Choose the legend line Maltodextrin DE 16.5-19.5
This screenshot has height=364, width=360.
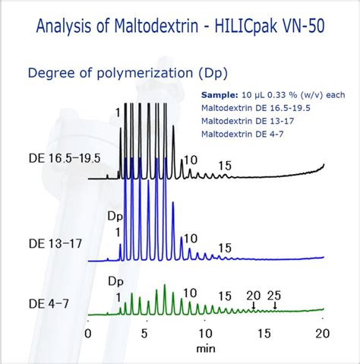[x=255, y=108]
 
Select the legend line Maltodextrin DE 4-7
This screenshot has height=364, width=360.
[x=243, y=134]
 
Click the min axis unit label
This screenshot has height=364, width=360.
[x=206, y=348]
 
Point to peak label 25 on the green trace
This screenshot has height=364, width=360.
[x=275, y=295]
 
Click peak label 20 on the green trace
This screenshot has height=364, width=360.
[x=253, y=295]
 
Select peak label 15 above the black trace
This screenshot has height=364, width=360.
[x=224, y=166]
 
